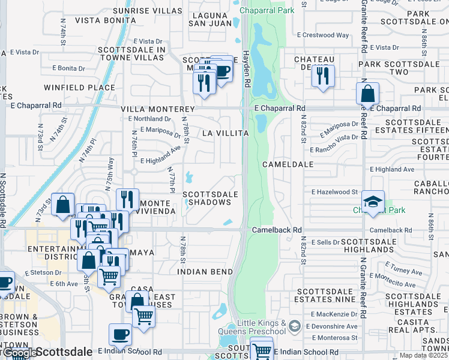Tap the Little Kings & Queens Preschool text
coord(262,328)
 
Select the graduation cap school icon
coord(373,202)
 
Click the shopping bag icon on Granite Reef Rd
coord(367,94)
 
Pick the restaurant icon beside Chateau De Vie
coord(324,76)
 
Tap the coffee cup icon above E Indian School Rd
coord(120,335)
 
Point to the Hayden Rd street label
coord(246,67)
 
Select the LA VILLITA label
coord(225,133)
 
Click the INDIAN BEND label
coord(205,272)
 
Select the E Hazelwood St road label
coord(334,192)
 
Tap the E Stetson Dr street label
coord(44,272)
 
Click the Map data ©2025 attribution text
coord(424,356)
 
